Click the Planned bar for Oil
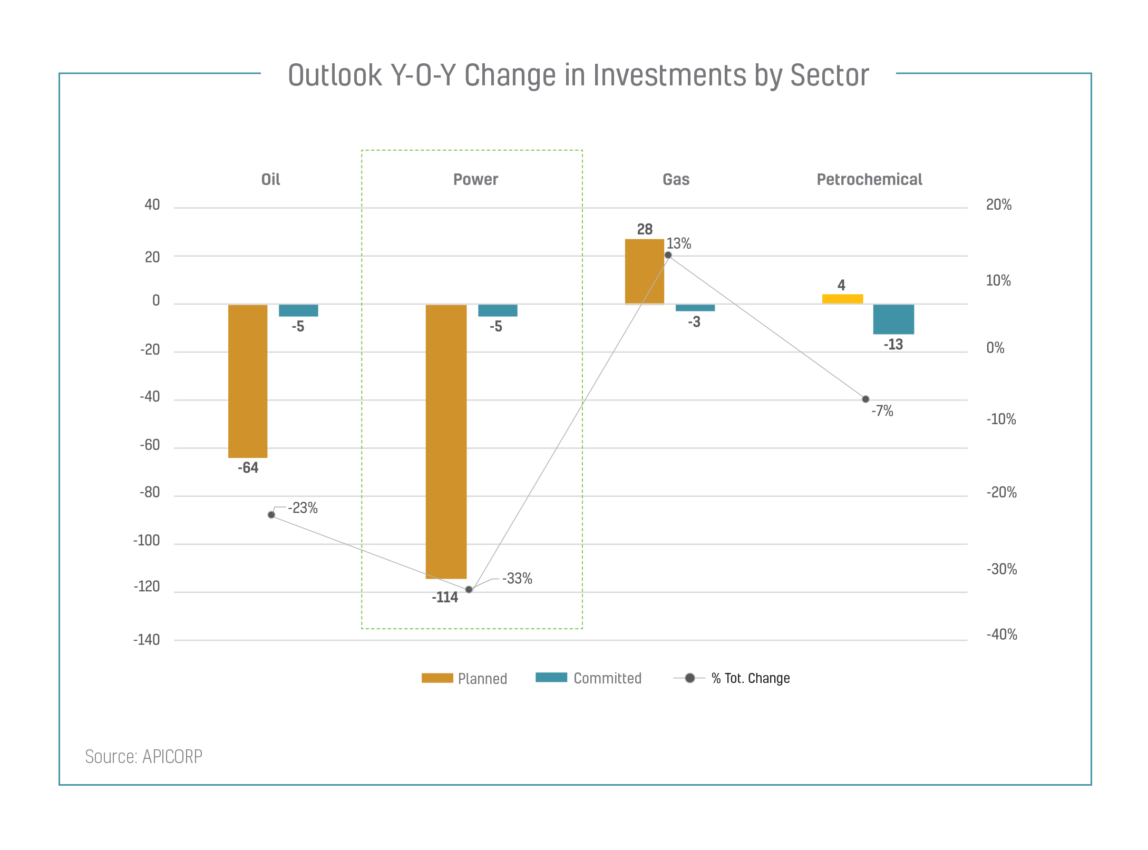248,381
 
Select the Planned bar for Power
446,442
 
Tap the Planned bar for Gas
644,271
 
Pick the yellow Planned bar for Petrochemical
842,299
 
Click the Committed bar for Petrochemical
893,319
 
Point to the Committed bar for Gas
695,308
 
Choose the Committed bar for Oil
298,310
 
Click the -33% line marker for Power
469,589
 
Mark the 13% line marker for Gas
668,255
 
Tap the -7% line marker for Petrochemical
865,399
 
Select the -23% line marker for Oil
271,514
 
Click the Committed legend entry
589,678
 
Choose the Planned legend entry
464,678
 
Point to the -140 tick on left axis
147,640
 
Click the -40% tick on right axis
1001,634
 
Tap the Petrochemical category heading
869,180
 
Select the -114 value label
445,598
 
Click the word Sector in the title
829,75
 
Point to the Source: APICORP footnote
144,757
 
